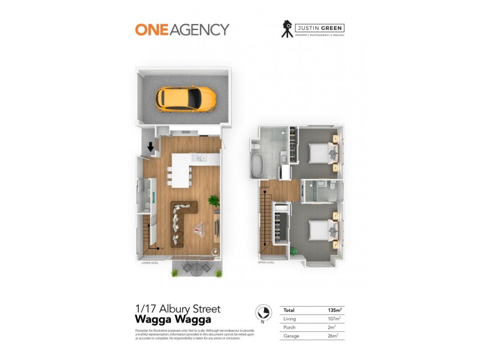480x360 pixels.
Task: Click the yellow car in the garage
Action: click(185, 98)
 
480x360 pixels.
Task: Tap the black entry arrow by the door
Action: click(151, 145)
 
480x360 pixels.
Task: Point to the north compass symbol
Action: click(262, 313)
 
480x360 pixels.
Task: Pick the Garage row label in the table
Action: click(291, 336)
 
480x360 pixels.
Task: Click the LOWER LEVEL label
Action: click(149, 262)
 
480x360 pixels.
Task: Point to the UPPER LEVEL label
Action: click(266, 262)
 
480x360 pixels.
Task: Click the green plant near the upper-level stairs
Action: click(293, 250)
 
